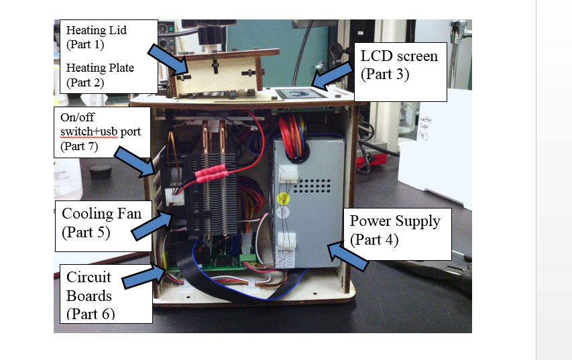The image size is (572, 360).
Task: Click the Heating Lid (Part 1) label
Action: tap(96, 36)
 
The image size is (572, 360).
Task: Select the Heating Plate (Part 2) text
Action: tap(100, 75)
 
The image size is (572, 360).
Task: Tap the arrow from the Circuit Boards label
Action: tap(144, 274)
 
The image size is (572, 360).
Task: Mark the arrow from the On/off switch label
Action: tap(137, 164)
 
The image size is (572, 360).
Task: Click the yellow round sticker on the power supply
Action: tap(283, 198)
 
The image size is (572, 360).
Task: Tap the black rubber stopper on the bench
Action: tap(100, 172)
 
